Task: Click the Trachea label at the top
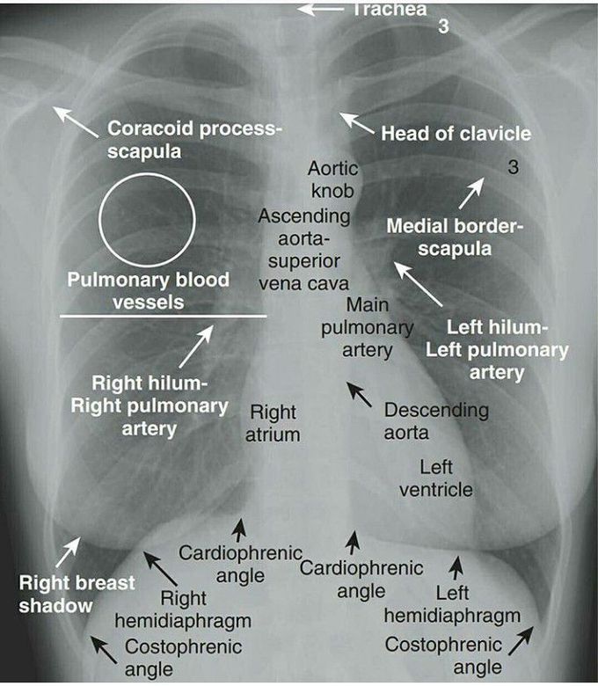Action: click(x=390, y=9)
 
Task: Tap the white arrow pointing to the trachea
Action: click(x=321, y=9)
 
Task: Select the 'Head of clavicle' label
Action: click(x=456, y=134)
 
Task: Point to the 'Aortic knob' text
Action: click(x=333, y=179)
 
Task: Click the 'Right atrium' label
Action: click(x=273, y=424)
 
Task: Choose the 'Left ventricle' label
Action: click(x=436, y=478)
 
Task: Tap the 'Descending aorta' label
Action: click(x=436, y=421)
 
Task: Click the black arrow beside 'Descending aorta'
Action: click(x=359, y=394)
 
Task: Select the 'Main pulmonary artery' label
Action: click(x=368, y=327)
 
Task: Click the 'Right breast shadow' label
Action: click(x=77, y=595)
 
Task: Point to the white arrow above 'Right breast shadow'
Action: click(x=69, y=551)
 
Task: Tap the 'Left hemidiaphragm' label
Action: click(x=452, y=604)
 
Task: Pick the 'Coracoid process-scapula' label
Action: click(x=195, y=140)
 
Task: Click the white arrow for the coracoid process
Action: click(x=76, y=121)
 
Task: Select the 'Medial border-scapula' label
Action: click(x=455, y=237)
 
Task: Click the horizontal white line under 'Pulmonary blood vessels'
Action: click(x=164, y=316)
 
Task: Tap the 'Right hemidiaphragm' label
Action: click(x=183, y=609)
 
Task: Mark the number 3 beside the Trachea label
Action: click(x=443, y=26)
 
